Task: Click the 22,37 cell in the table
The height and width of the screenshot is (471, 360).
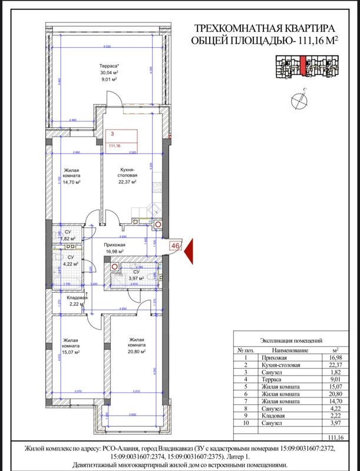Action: (x=335, y=364)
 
